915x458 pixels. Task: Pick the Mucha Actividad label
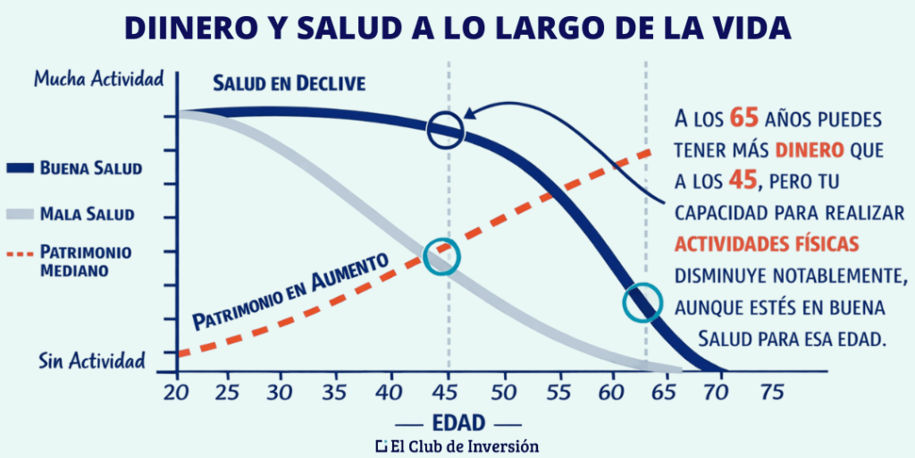[98, 79]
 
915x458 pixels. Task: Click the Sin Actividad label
[92, 361]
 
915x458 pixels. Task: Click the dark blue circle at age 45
[446, 130]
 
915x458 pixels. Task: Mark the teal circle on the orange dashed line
[441, 257]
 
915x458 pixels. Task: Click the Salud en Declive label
[289, 83]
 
